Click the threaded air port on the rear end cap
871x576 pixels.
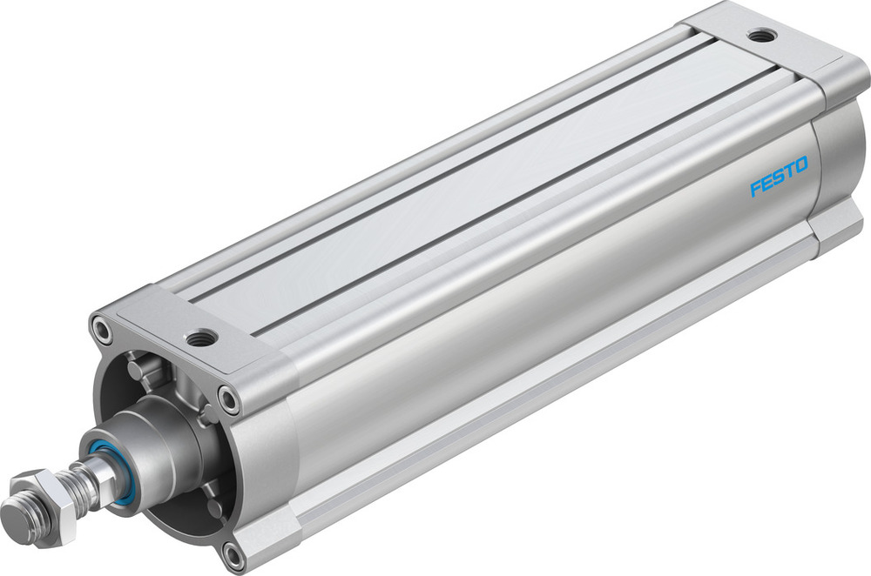point(763,36)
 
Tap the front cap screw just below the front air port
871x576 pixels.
point(229,399)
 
